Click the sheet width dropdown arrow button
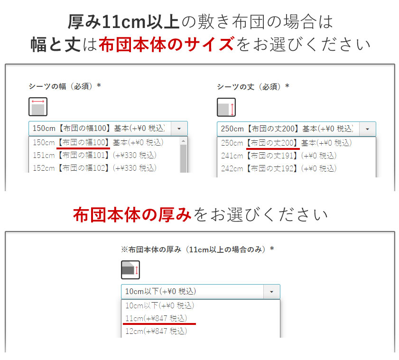click(179, 128)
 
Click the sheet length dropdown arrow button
click(367, 129)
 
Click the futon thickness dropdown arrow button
click(271, 291)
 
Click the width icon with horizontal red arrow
click(37, 107)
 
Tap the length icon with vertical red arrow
click(226, 107)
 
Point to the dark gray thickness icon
click(130, 270)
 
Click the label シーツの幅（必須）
click(65, 86)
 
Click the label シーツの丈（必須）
click(253, 86)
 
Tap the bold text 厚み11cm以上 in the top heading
click(123, 21)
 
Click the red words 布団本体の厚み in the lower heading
click(132, 215)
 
